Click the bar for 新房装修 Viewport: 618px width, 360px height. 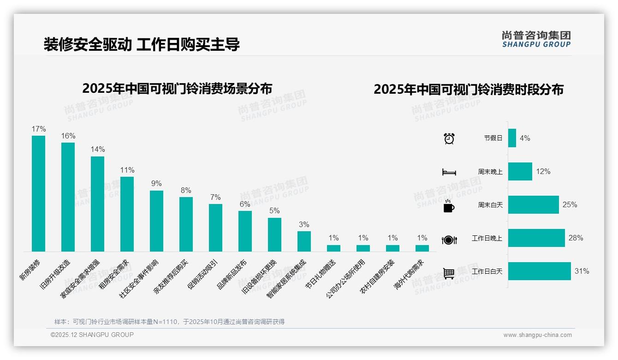click(x=38, y=193)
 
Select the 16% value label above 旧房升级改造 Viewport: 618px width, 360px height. click(x=68, y=136)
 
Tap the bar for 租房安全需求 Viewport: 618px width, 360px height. click(x=127, y=214)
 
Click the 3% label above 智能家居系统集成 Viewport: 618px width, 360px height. click(x=304, y=225)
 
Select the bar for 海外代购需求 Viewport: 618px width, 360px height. click(x=422, y=248)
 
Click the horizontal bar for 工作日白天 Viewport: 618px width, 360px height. click(x=539, y=271)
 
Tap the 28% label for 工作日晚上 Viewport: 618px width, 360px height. click(x=576, y=238)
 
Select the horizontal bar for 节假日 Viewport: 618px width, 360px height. click(x=512, y=138)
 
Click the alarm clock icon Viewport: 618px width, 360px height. click(x=449, y=138)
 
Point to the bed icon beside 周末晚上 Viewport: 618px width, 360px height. click(x=449, y=172)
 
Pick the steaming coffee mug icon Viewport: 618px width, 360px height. click(x=449, y=206)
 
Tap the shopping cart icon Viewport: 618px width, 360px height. click(x=449, y=273)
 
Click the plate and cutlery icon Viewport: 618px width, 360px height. click(x=449, y=240)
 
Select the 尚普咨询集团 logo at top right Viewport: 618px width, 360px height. click(x=536, y=39)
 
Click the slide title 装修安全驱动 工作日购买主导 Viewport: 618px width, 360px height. click(x=142, y=44)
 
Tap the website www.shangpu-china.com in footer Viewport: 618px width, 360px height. click(x=537, y=335)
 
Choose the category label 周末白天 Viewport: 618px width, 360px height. click(x=490, y=205)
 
